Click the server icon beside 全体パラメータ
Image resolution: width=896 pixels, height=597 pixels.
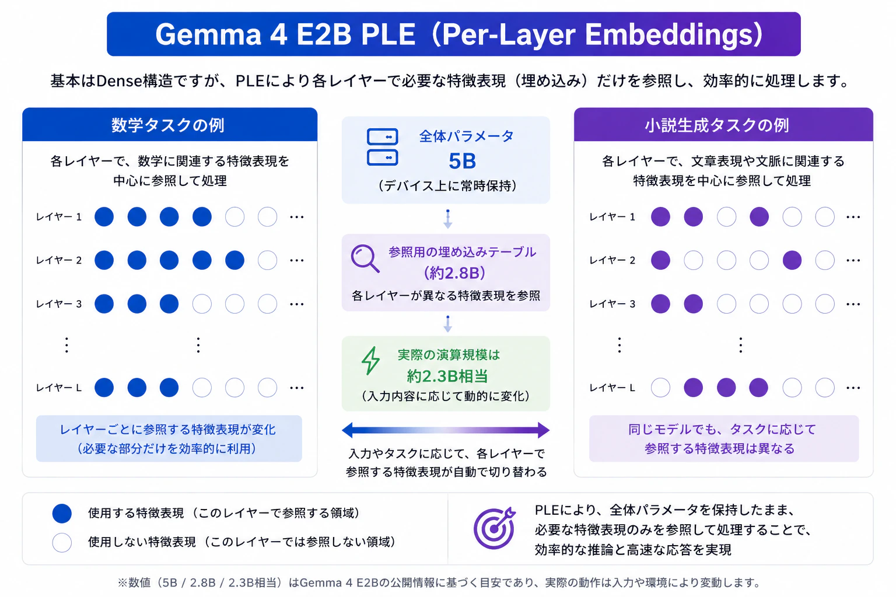point(383,147)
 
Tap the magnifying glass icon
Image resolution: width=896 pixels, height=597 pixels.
point(365,258)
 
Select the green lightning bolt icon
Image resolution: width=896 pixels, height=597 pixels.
point(371,361)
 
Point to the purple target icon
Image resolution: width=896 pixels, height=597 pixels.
point(495,528)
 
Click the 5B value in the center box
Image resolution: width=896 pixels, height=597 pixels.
point(463,161)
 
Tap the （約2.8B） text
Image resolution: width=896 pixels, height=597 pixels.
point(454,273)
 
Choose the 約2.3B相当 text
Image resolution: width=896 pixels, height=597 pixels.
point(447,376)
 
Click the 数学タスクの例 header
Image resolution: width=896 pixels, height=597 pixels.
point(168,125)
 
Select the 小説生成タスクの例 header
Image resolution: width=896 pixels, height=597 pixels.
point(717,125)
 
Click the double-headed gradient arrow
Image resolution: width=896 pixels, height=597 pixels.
point(446,430)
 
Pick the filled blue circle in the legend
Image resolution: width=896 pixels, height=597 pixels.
point(62,514)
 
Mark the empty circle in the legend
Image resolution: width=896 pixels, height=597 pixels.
point(62,543)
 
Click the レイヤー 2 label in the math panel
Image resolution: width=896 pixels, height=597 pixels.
point(59,260)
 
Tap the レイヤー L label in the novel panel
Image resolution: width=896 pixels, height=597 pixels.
point(612,388)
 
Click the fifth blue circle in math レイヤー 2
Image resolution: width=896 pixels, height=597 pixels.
point(235,260)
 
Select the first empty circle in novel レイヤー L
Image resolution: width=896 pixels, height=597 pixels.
point(660,388)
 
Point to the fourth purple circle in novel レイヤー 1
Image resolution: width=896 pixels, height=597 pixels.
point(759,217)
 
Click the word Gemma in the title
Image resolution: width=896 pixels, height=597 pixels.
point(208,34)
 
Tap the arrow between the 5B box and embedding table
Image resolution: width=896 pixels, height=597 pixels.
point(448,219)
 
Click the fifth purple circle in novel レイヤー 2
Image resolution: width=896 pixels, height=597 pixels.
point(792,260)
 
